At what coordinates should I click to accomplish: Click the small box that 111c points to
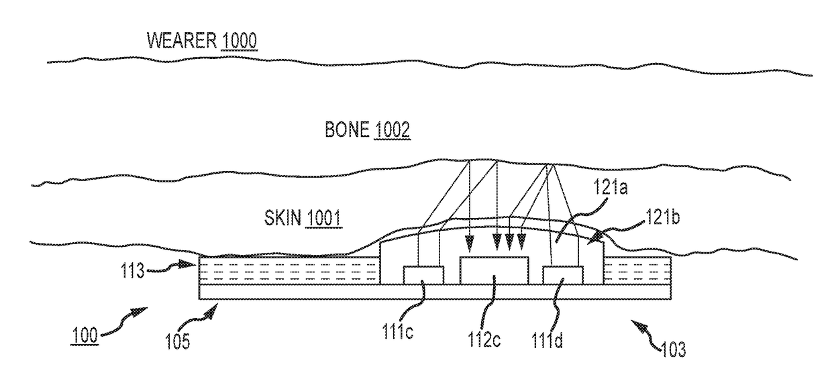pos(423,274)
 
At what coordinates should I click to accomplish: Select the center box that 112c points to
pos(495,270)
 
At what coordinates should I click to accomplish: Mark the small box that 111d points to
pos(563,274)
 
